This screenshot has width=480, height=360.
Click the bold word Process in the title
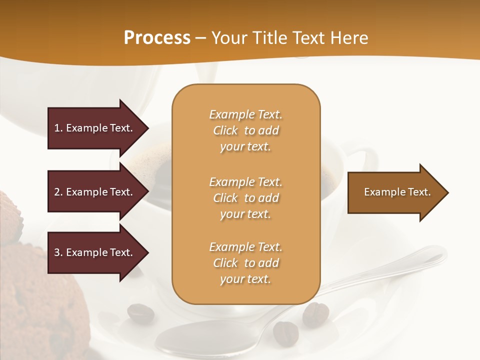157,38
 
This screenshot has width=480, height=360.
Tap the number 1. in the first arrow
58,128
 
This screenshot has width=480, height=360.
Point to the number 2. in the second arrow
58,192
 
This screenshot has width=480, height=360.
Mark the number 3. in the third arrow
58,252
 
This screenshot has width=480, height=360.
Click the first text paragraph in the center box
245,130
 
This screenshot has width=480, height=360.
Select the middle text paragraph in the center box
245,197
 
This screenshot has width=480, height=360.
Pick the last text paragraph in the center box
245,263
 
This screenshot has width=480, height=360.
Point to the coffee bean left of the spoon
140,313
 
